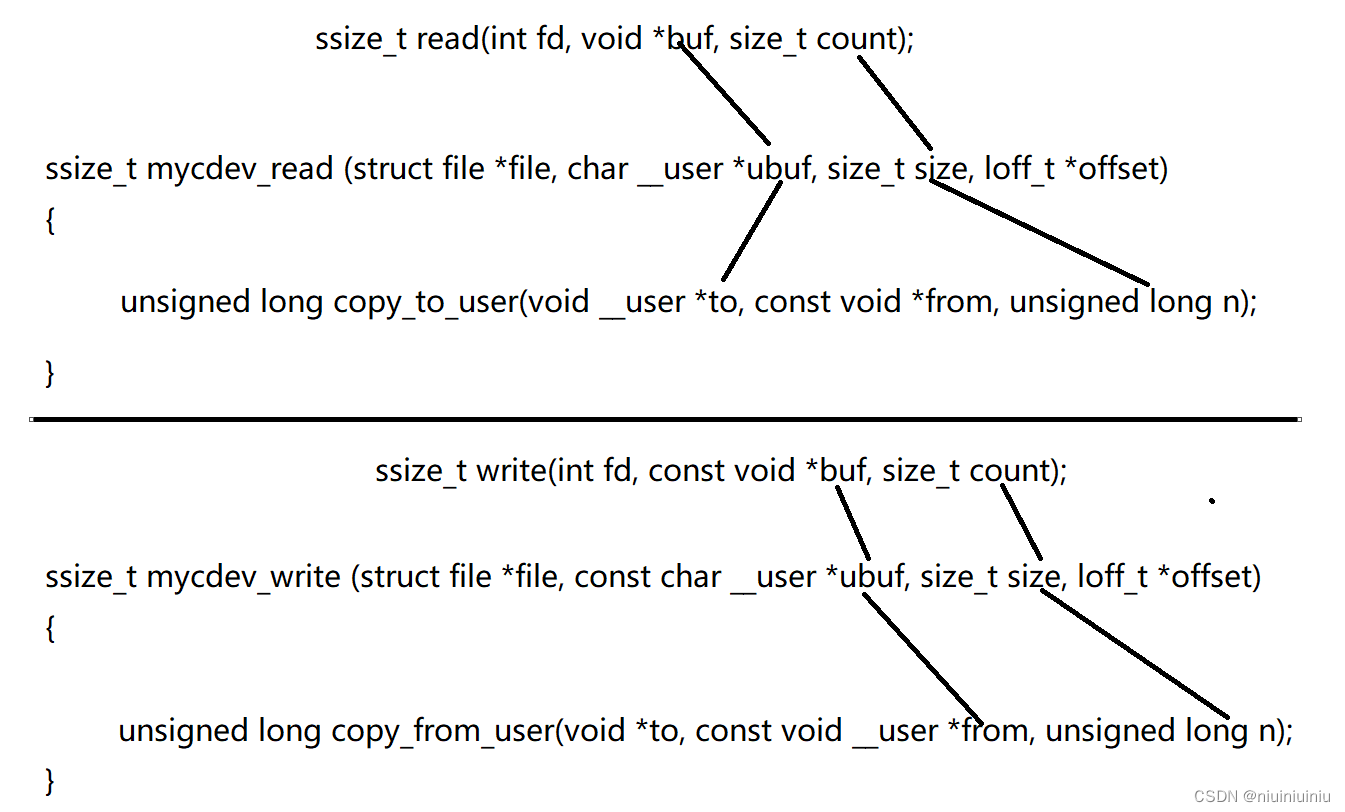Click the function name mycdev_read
240,169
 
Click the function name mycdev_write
244,577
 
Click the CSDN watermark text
1262,796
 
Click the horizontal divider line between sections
665,420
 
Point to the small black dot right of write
1212,500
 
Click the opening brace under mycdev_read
50,222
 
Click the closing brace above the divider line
50,373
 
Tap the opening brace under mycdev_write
50,630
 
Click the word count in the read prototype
857,40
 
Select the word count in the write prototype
1010,470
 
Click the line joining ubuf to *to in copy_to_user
751,232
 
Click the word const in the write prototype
688,470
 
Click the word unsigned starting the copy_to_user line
185,301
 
